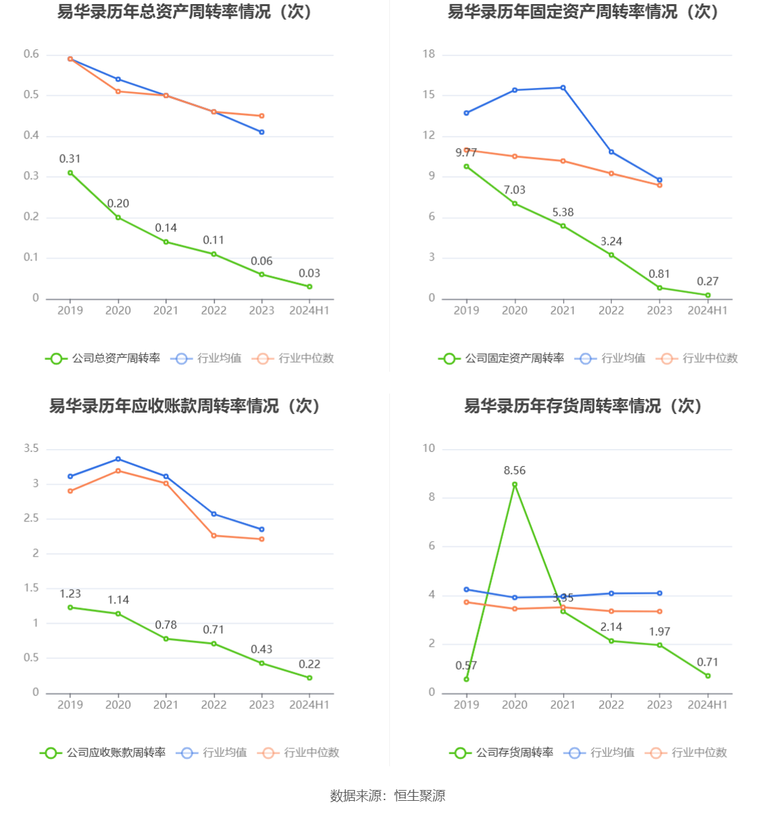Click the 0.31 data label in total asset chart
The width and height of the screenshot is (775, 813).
tap(70, 159)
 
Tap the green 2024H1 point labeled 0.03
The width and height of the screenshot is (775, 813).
tap(309, 287)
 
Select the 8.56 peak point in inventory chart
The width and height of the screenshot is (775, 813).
tap(515, 484)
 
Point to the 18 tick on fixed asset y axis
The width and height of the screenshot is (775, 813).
tap(429, 54)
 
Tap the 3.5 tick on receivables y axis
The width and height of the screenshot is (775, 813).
tap(32, 448)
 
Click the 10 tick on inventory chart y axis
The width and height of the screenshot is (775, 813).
tap(429, 448)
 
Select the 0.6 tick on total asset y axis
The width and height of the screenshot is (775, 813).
tap(32, 54)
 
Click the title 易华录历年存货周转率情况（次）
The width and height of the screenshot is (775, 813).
tap(582, 406)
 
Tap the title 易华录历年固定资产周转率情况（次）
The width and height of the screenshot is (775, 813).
tap(582, 11)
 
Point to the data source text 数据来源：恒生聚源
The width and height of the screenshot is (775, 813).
tap(387, 796)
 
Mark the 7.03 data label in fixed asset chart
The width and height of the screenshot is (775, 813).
tap(514, 190)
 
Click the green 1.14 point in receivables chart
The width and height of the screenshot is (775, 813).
tap(118, 613)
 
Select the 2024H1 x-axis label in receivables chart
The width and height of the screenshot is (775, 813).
tap(309, 705)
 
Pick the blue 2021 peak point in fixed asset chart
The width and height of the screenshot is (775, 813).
tap(563, 88)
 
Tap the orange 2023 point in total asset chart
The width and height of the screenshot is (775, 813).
tap(261, 116)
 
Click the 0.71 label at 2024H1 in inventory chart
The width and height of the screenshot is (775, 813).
tap(707, 662)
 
